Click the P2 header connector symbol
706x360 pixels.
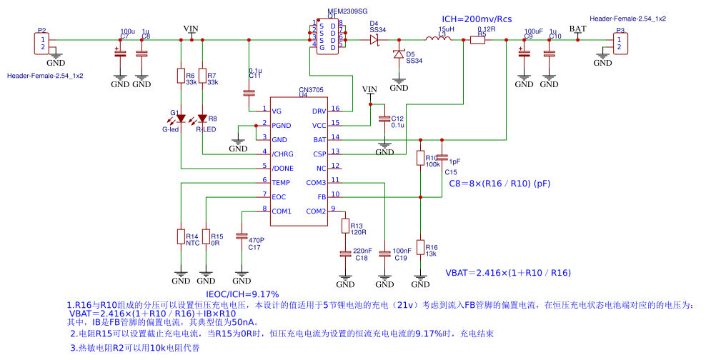pos(41,44)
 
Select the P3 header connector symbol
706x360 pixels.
pos(620,44)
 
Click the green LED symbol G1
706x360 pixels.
pos(181,119)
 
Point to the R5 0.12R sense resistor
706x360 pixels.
pos(477,41)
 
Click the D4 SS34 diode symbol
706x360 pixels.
pos(374,41)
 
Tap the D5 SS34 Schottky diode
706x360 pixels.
pos(399,54)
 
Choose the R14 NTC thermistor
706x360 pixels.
pos(181,236)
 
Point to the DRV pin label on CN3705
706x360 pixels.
pos(319,111)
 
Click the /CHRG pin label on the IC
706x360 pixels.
pos(282,154)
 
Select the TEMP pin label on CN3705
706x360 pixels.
pos(280,183)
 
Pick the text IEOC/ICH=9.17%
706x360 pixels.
pos(242,294)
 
